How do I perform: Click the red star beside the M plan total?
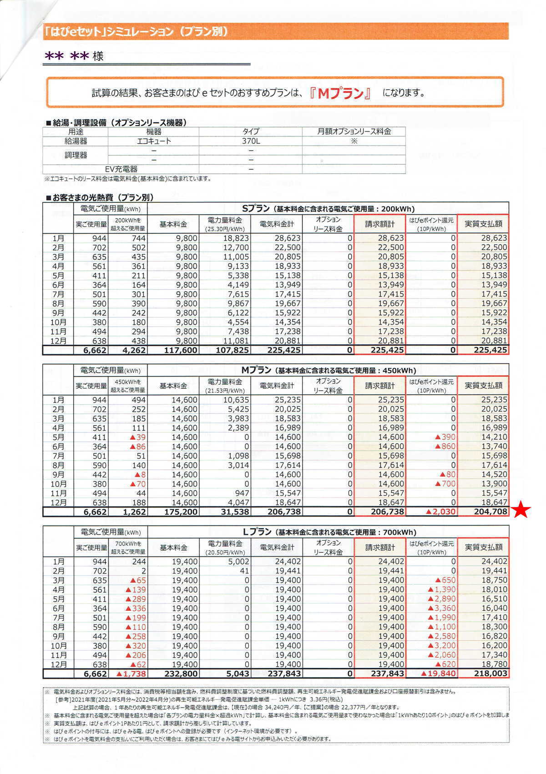(x=521, y=510)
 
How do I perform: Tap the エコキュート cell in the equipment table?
(x=154, y=141)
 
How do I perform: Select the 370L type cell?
(x=251, y=141)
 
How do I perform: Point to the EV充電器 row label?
(x=121, y=169)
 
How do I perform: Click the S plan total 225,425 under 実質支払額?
(x=484, y=350)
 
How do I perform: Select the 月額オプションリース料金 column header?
(x=354, y=131)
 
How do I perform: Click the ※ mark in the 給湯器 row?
(x=354, y=141)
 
